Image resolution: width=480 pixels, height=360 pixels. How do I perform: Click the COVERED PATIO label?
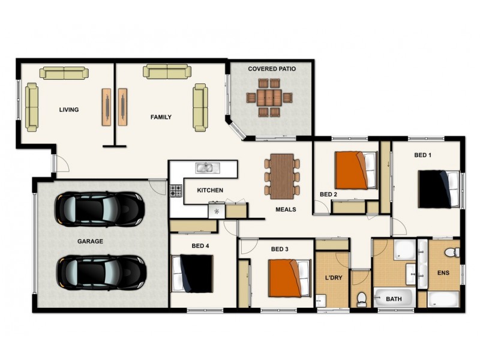click(272, 69)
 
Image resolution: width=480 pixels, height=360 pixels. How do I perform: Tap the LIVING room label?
click(69, 110)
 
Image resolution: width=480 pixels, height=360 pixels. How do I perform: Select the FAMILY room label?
click(161, 117)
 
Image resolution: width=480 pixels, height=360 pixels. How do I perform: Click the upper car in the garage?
click(100, 209)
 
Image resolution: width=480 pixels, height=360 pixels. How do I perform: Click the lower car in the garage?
click(101, 273)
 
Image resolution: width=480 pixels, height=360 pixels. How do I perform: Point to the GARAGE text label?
click(90, 241)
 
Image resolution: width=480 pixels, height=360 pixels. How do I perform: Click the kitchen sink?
click(205, 167)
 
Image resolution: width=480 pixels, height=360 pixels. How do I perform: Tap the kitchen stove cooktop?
click(176, 191)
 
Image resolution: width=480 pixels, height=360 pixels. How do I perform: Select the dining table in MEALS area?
click(282, 175)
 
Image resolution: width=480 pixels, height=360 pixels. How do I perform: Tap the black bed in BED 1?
click(437, 189)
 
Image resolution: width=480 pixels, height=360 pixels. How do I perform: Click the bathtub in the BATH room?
click(394, 297)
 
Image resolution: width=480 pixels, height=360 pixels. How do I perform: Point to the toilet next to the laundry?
click(362, 298)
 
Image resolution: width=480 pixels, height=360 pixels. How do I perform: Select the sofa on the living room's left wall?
click(31, 108)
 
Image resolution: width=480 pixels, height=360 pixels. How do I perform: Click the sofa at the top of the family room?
click(167, 71)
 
